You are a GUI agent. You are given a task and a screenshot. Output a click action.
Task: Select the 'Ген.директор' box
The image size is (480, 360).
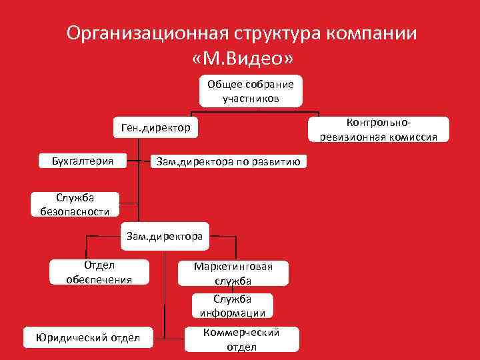pyautogui.click(x=155, y=127)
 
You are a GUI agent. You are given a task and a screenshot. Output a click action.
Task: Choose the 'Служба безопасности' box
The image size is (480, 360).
pyautogui.click(x=74, y=204)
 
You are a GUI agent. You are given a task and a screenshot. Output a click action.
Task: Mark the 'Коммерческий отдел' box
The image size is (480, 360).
pyautogui.click(x=241, y=339)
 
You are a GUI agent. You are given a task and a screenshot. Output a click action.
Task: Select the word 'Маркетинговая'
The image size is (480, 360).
pyautogui.click(x=233, y=267)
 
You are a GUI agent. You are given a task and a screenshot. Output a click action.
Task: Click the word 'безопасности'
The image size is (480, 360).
pyautogui.click(x=74, y=211)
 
